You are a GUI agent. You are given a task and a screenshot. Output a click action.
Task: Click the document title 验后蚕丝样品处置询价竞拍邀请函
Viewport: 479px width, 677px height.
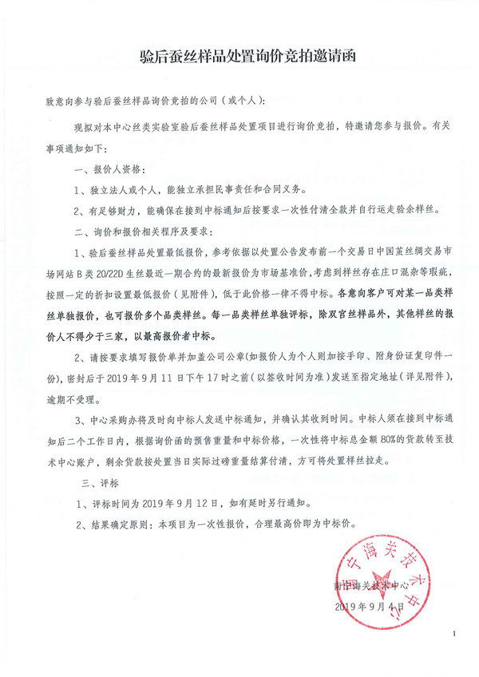pyautogui.click(x=239, y=57)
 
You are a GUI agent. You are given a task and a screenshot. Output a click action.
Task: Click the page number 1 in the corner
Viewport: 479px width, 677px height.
pyautogui.click(x=452, y=633)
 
